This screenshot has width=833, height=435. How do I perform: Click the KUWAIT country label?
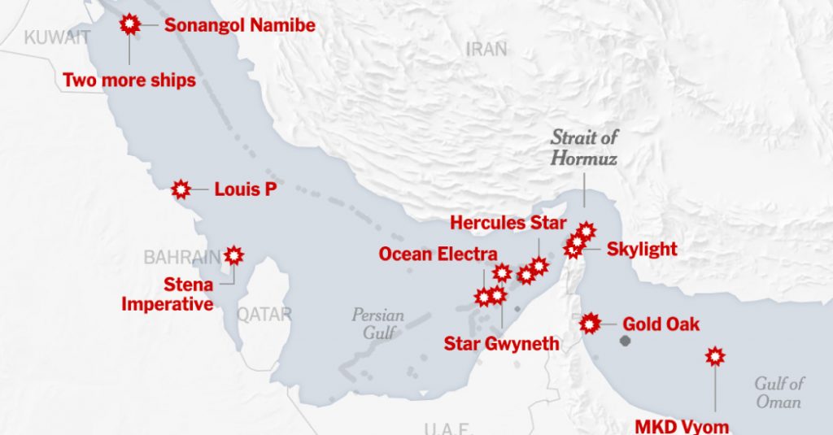pos(56,37)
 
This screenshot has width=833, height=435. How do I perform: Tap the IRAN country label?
pos(486,49)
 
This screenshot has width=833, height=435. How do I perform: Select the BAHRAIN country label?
pos(181,258)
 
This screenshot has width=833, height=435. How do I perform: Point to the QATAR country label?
pos(264,314)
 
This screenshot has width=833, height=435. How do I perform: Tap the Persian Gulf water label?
pos(377,323)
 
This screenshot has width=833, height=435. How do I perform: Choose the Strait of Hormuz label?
pos(583,147)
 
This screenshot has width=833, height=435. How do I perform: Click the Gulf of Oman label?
pos(778,392)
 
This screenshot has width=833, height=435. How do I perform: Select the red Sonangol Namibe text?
pos(239,25)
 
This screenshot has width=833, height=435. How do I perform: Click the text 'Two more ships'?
pos(129,80)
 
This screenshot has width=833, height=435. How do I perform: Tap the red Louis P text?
pos(245,190)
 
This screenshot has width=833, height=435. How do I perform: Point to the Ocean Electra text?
pos(438,254)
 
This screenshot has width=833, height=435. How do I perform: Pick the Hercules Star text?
pos(508,223)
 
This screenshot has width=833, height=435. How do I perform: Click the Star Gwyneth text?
pos(501,343)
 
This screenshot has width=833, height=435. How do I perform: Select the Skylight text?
pos(642,249)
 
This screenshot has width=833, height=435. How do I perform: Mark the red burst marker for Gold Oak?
pos(590,324)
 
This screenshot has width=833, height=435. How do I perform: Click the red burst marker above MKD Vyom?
pos(714,356)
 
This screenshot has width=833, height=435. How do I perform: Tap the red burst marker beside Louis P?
pos(181,190)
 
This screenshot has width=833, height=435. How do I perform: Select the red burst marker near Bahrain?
pos(234,255)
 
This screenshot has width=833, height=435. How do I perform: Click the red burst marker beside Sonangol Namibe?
pos(129,24)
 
